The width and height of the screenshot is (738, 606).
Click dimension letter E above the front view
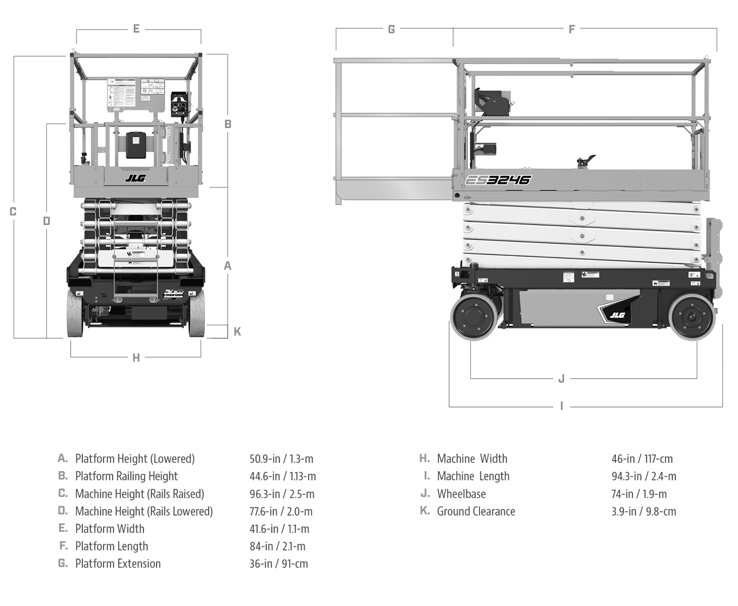pos(136,29)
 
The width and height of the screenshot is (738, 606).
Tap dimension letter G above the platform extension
pos(391,29)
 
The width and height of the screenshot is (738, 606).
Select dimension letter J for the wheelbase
pos(561,378)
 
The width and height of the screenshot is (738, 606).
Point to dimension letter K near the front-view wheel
pos(237,331)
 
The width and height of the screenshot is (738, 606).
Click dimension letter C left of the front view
pos(13,212)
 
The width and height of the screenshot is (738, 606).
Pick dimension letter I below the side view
pos(561,406)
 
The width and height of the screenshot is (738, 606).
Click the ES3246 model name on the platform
pos(497,180)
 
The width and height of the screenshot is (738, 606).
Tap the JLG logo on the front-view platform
pos(135,178)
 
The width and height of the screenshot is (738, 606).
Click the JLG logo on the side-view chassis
pos(617,315)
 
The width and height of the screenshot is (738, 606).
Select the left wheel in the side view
pos(474,318)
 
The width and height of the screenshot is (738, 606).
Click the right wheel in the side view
pos(692,318)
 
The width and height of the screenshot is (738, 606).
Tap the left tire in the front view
pos(75,314)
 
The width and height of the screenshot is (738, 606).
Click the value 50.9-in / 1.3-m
pos(281,459)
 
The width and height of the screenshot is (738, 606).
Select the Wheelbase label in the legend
pos(461,494)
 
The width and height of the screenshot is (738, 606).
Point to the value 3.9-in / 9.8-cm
pos(644,511)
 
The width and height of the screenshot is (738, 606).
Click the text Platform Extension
pos(118,564)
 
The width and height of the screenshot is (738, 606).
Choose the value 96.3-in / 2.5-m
pos(282,494)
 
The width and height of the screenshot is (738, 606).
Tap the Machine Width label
pos(472,459)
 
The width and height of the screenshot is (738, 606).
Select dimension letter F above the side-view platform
pos(572,29)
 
